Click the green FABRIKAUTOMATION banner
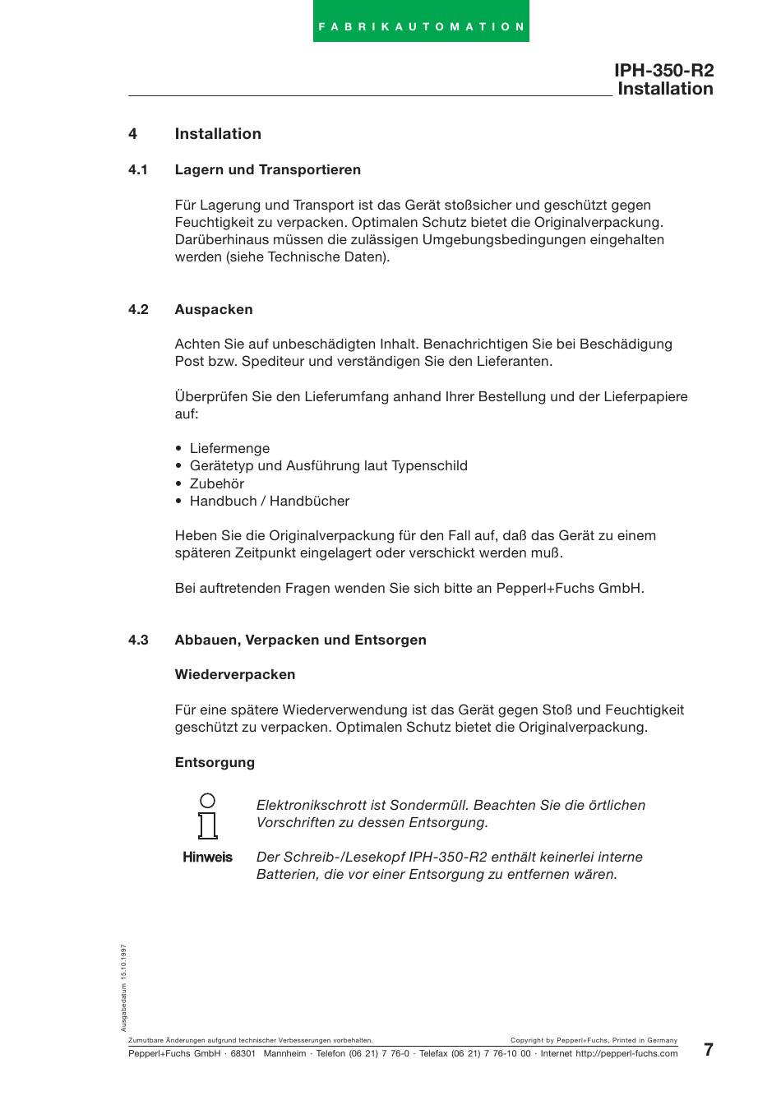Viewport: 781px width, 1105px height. [421, 22]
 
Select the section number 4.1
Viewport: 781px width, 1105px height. [137, 170]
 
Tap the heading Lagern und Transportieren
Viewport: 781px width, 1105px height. [267, 170]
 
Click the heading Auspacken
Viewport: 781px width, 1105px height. [213, 310]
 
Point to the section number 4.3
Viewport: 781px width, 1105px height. [137, 640]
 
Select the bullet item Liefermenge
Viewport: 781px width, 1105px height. [229, 449]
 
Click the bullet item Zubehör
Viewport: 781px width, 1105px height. [216, 484]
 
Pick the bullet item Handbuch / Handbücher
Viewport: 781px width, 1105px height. [269, 502]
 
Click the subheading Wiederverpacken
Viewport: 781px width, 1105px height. [234, 675]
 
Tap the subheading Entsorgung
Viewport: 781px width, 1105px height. [215, 763]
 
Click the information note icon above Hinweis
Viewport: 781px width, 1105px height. [208, 816]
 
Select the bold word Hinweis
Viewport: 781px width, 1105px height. [207, 858]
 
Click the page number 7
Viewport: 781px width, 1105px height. [709, 1050]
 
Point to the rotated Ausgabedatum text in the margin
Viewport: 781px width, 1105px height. [124, 987]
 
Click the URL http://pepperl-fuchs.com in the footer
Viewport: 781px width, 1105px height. [626, 1054]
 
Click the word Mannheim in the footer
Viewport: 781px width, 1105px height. [284, 1054]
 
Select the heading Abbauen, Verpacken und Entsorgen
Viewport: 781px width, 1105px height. [300, 640]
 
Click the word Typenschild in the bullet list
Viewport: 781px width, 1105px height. [429, 466]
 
